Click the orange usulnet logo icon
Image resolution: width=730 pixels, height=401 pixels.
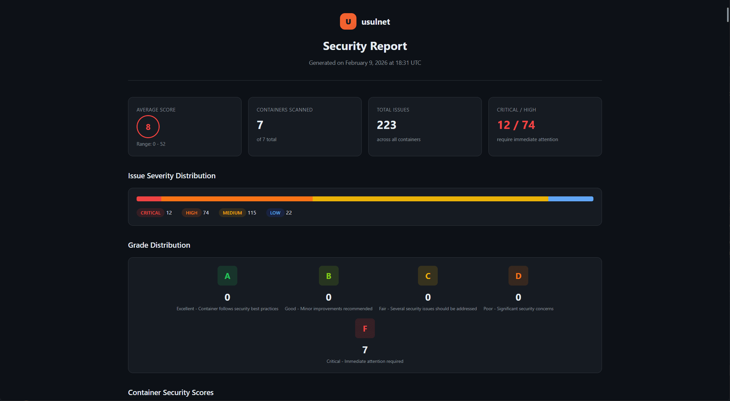click(x=348, y=21)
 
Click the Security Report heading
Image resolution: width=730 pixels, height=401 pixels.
click(x=365, y=46)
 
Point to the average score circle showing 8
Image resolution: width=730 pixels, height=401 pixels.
click(x=148, y=127)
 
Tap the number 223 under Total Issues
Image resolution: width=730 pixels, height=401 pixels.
click(x=386, y=125)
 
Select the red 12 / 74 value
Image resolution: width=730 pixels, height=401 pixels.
click(x=516, y=125)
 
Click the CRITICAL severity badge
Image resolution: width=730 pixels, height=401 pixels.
click(x=150, y=213)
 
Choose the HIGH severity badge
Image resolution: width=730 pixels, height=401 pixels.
click(x=192, y=213)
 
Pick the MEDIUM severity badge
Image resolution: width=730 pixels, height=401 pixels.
click(x=232, y=213)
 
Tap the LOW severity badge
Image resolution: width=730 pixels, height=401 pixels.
click(x=275, y=213)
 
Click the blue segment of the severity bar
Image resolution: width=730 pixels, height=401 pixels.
click(x=570, y=199)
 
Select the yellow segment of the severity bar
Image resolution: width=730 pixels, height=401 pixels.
click(x=430, y=199)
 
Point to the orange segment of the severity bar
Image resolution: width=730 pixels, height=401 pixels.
click(x=237, y=199)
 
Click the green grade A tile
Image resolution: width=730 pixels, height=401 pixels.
click(x=227, y=276)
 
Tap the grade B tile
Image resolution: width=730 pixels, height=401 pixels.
click(x=328, y=276)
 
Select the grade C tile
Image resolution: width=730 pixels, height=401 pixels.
click(x=428, y=276)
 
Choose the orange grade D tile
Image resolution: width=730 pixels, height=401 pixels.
click(x=518, y=276)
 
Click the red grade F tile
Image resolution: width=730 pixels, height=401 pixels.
click(x=365, y=328)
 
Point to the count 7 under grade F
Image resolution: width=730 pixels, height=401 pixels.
click(x=365, y=350)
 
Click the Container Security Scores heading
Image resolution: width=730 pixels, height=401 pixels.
click(x=170, y=392)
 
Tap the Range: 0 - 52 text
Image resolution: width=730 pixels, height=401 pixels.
click(x=151, y=144)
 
